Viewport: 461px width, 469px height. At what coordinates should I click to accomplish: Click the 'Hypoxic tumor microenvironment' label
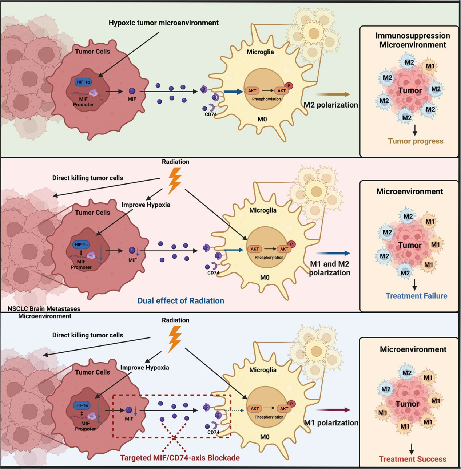(163, 23)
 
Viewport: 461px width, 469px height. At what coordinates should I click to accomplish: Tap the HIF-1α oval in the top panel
(83, 82)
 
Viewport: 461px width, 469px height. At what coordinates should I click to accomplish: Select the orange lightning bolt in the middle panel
(175, 181)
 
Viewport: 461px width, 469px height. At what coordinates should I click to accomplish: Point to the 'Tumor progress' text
(416, 141)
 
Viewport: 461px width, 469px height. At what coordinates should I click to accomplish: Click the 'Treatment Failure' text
(416, 296)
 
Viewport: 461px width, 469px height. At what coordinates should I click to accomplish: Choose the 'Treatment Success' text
(413, 459)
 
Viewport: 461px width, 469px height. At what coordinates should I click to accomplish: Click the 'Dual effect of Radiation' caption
(180, 301)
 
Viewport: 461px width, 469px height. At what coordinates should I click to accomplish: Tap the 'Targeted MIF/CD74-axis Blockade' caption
(180, 458)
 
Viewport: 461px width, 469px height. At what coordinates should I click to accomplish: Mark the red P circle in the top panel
(289, 86)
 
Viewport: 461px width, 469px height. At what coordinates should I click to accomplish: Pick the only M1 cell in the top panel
(430, 66)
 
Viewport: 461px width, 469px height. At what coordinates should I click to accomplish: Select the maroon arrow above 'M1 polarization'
(333, 410)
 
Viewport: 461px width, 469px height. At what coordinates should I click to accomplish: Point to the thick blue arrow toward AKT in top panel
(233, 92)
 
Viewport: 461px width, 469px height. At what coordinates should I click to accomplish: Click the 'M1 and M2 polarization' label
(330, 268)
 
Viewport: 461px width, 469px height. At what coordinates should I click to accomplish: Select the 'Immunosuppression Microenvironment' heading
(413, 40)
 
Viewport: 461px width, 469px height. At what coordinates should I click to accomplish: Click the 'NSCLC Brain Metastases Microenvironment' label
(44, 312)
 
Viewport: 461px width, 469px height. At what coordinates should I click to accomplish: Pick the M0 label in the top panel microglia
(262, 119)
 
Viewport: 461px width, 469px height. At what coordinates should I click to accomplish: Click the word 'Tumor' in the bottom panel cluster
(408, 404)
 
